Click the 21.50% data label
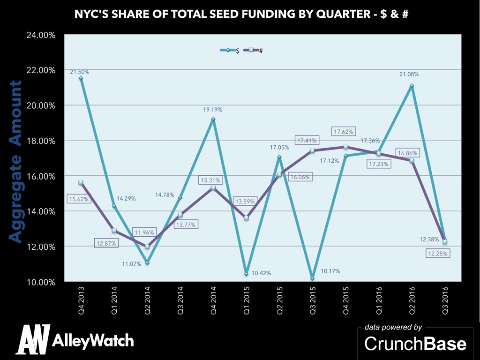tap(80, 72)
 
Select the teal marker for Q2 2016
tap(412, 86)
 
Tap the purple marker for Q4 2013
tap(81, 182)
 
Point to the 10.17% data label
tap(330, 271)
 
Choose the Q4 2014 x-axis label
tap(213, 298)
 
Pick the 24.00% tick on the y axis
tap(43, 35)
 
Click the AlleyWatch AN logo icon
tap(32, 339)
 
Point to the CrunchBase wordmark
tap(415, 344)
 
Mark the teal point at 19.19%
tap(213, 119)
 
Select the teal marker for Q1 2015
tap(246, 274)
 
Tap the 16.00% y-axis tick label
tap(43, 176)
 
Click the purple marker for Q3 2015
tap(312, 150)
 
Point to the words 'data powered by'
tap(393, 327)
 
